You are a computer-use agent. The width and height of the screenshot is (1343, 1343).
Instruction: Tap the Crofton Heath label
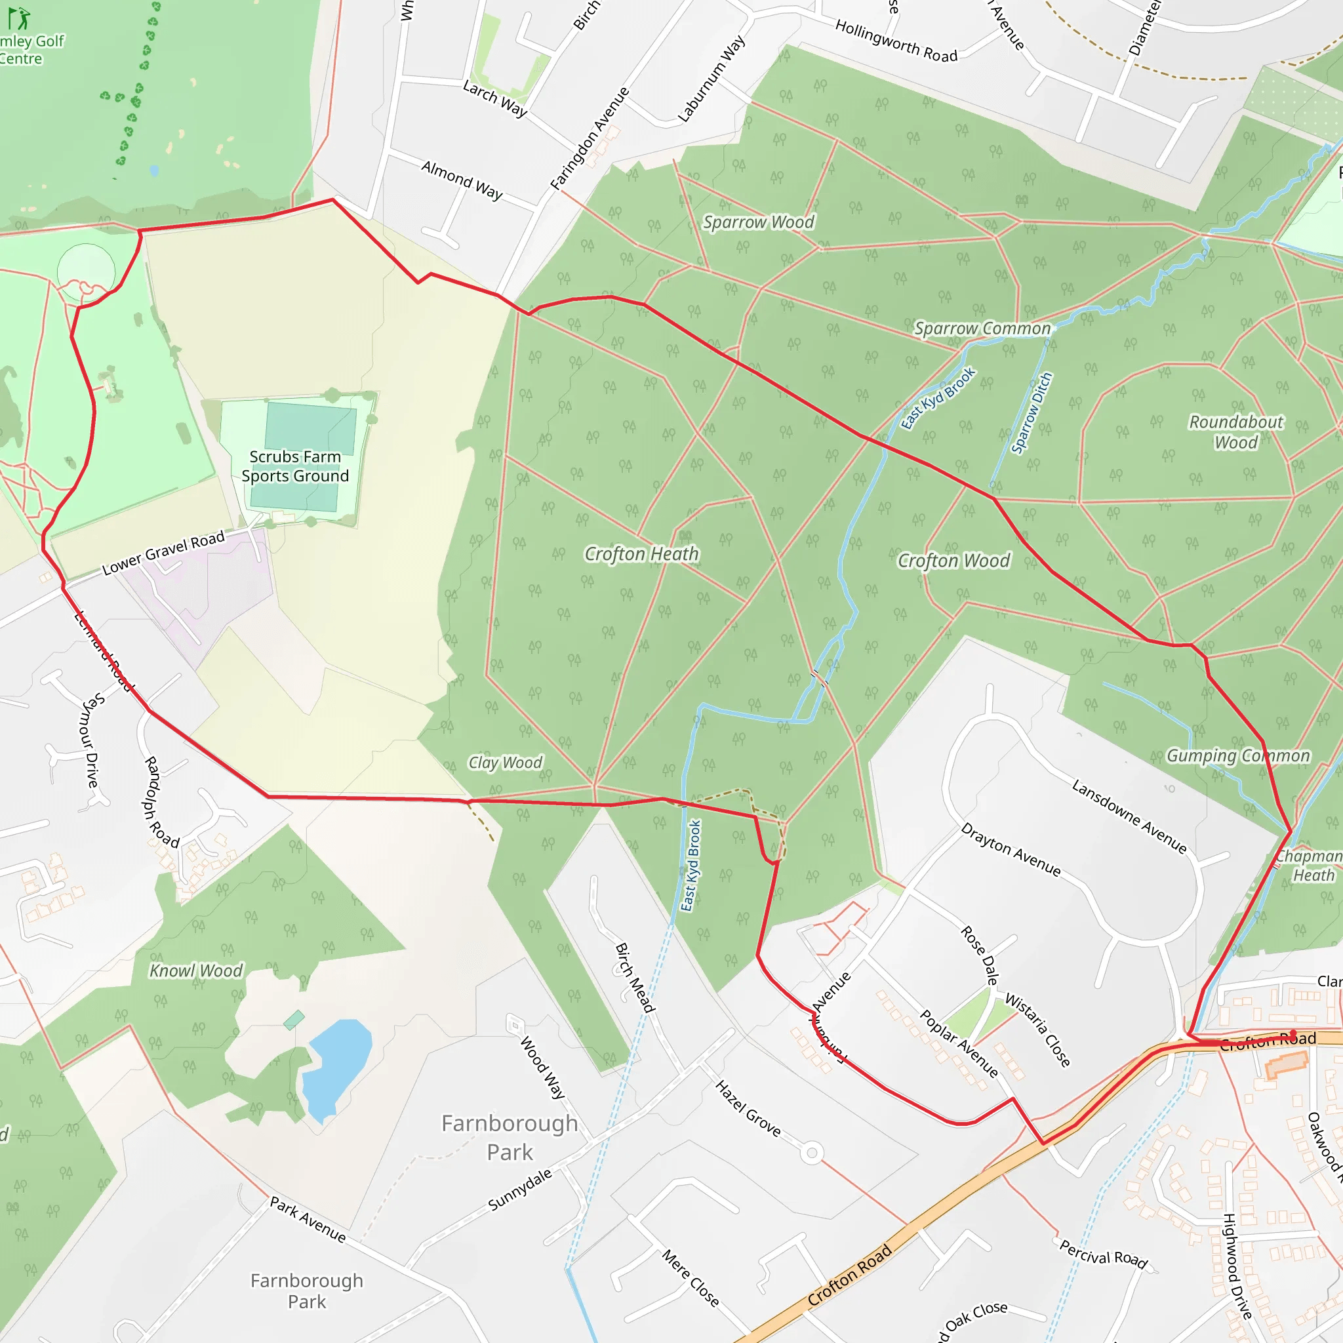coord(641,554)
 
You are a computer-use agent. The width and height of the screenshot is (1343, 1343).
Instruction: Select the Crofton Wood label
coord(953,561)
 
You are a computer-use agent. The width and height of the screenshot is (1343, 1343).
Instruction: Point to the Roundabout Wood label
coord(1236,431)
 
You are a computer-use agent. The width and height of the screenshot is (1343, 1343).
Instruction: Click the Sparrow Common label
coord(982,328)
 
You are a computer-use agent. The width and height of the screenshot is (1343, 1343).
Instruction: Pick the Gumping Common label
coord(1238,755)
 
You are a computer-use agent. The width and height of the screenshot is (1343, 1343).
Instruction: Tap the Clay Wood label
coord(506,763)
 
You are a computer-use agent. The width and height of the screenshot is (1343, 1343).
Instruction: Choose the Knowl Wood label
coord(196,971)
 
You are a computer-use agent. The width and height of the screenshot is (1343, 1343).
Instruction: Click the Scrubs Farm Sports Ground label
coord(296,466)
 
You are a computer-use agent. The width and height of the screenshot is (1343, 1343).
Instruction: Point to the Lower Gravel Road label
coord(163,553)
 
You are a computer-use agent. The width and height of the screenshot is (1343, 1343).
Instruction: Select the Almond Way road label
coord(462,180)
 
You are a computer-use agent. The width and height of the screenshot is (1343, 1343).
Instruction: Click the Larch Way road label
coord(495,98)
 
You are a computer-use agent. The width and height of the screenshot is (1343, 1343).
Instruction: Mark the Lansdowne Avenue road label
coord(1129,816)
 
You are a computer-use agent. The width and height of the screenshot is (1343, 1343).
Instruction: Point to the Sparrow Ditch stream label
coord(1032,413)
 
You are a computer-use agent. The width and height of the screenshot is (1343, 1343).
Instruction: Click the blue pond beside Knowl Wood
coord(338,1068)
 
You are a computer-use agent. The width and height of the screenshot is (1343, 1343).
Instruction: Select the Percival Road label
coord(1103,1253)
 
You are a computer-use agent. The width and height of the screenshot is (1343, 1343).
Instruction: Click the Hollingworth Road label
coord(896,41)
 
